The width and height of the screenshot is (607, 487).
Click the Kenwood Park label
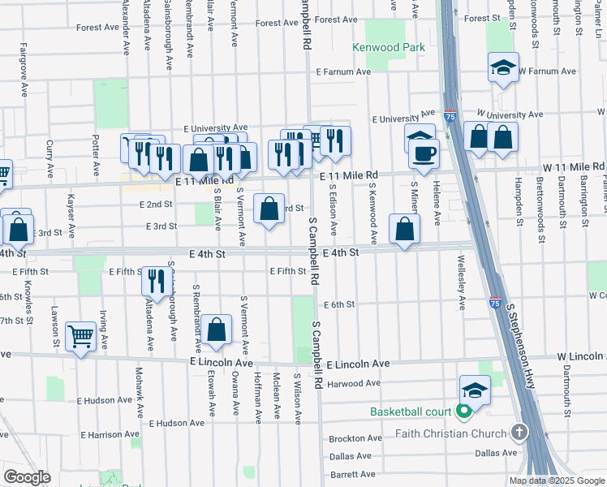389,47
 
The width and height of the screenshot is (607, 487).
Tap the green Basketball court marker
464,412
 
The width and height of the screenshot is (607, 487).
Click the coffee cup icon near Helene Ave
424,152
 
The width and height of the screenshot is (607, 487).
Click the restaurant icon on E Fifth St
153,280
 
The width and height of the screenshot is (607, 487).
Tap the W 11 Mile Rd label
574,167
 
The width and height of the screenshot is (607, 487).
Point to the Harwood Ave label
355,383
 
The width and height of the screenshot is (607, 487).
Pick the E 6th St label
339,304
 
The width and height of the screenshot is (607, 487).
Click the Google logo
27,477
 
